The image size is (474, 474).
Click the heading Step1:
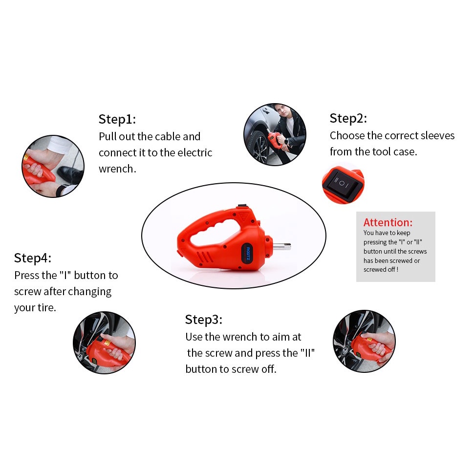(117, 119)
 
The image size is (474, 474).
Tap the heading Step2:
(348, 118)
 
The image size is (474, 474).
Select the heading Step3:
(203, 320)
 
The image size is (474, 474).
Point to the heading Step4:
(32, 258)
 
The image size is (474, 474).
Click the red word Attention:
(388, 223)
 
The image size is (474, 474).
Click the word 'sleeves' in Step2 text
(436, 135)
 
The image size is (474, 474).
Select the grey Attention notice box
(395, 247)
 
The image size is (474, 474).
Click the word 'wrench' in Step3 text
(240, 337)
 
